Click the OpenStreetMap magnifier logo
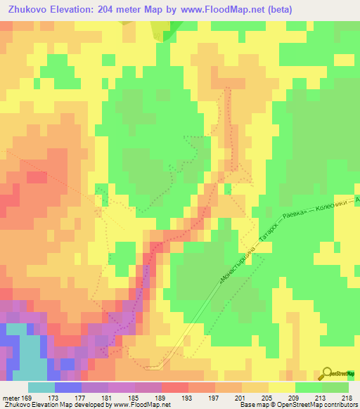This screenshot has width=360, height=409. [x=328, y=373]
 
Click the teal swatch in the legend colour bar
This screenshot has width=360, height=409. [x=41, y=387]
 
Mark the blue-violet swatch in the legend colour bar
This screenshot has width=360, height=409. [x=67, y=387]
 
